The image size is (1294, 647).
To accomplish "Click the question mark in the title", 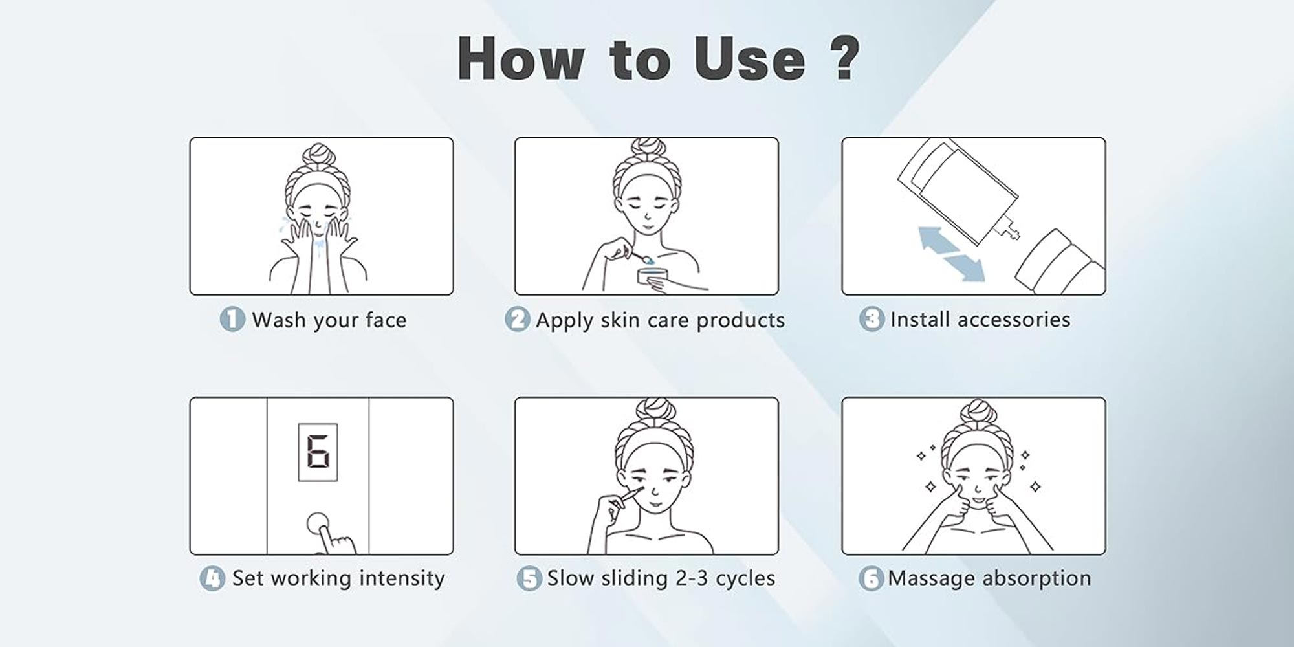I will coord(843,58).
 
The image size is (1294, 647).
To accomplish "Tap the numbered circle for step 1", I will coord(232,319).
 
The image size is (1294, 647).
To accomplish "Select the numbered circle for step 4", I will coord(212,578).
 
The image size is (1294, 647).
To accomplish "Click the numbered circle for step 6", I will coord(870,578).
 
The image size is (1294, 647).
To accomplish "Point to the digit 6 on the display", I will coord(318,452).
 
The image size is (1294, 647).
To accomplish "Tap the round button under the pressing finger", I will coord(318,525).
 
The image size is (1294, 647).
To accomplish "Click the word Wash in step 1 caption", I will coord(278,320).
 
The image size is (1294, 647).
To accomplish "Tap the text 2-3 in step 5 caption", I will coord(692,578).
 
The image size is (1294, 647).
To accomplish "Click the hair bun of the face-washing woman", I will coord(321,155).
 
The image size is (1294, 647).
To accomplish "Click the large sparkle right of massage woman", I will coord(1035,486).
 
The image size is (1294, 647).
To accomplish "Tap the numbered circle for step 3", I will coord(871,319).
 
